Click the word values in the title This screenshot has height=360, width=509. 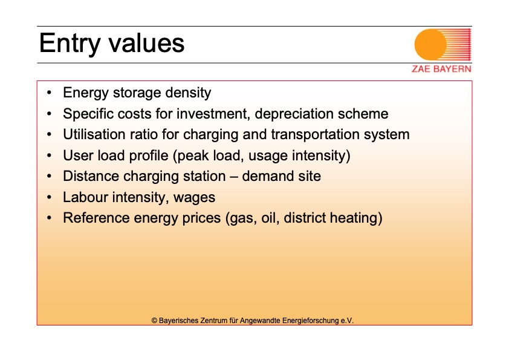pyautogui.click(x=146, y=43)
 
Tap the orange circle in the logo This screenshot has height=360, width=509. pyautogui.click(x=430, y=45)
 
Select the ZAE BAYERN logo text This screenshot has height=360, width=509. pyautogui.click(x=441, y=69)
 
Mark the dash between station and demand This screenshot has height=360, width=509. pyautogui.click(x=234, y=177)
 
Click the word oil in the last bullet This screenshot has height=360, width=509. pyautogui.click(x=270, y=218)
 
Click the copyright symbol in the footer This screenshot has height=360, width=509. pyautogui.click(x=154, y=321)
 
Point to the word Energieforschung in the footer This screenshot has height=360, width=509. pyautogui.click(x=311, y=321)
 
